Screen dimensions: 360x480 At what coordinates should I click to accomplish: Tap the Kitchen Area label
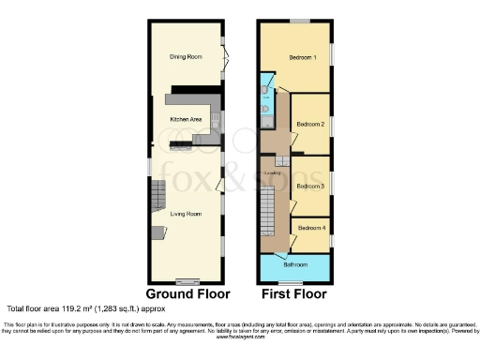click(x=186, y=120)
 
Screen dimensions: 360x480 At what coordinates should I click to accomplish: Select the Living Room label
click(x=186, y=214)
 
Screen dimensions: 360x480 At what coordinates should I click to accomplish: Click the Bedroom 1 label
click(x=303, y=58)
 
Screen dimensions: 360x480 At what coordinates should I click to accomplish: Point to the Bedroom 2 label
click(x=310, y=124)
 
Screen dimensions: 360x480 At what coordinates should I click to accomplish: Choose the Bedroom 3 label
click(x=310, y=186)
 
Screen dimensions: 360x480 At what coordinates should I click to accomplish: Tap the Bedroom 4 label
click(x=311, y=228)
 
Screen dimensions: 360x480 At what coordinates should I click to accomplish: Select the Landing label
click(x=273, y=172)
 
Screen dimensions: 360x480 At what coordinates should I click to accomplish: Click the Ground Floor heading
click(x=186, y=292)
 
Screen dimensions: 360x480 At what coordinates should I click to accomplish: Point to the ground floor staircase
click(x=157, y=197)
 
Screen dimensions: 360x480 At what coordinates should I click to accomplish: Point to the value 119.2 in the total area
click(x=76, y=307)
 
